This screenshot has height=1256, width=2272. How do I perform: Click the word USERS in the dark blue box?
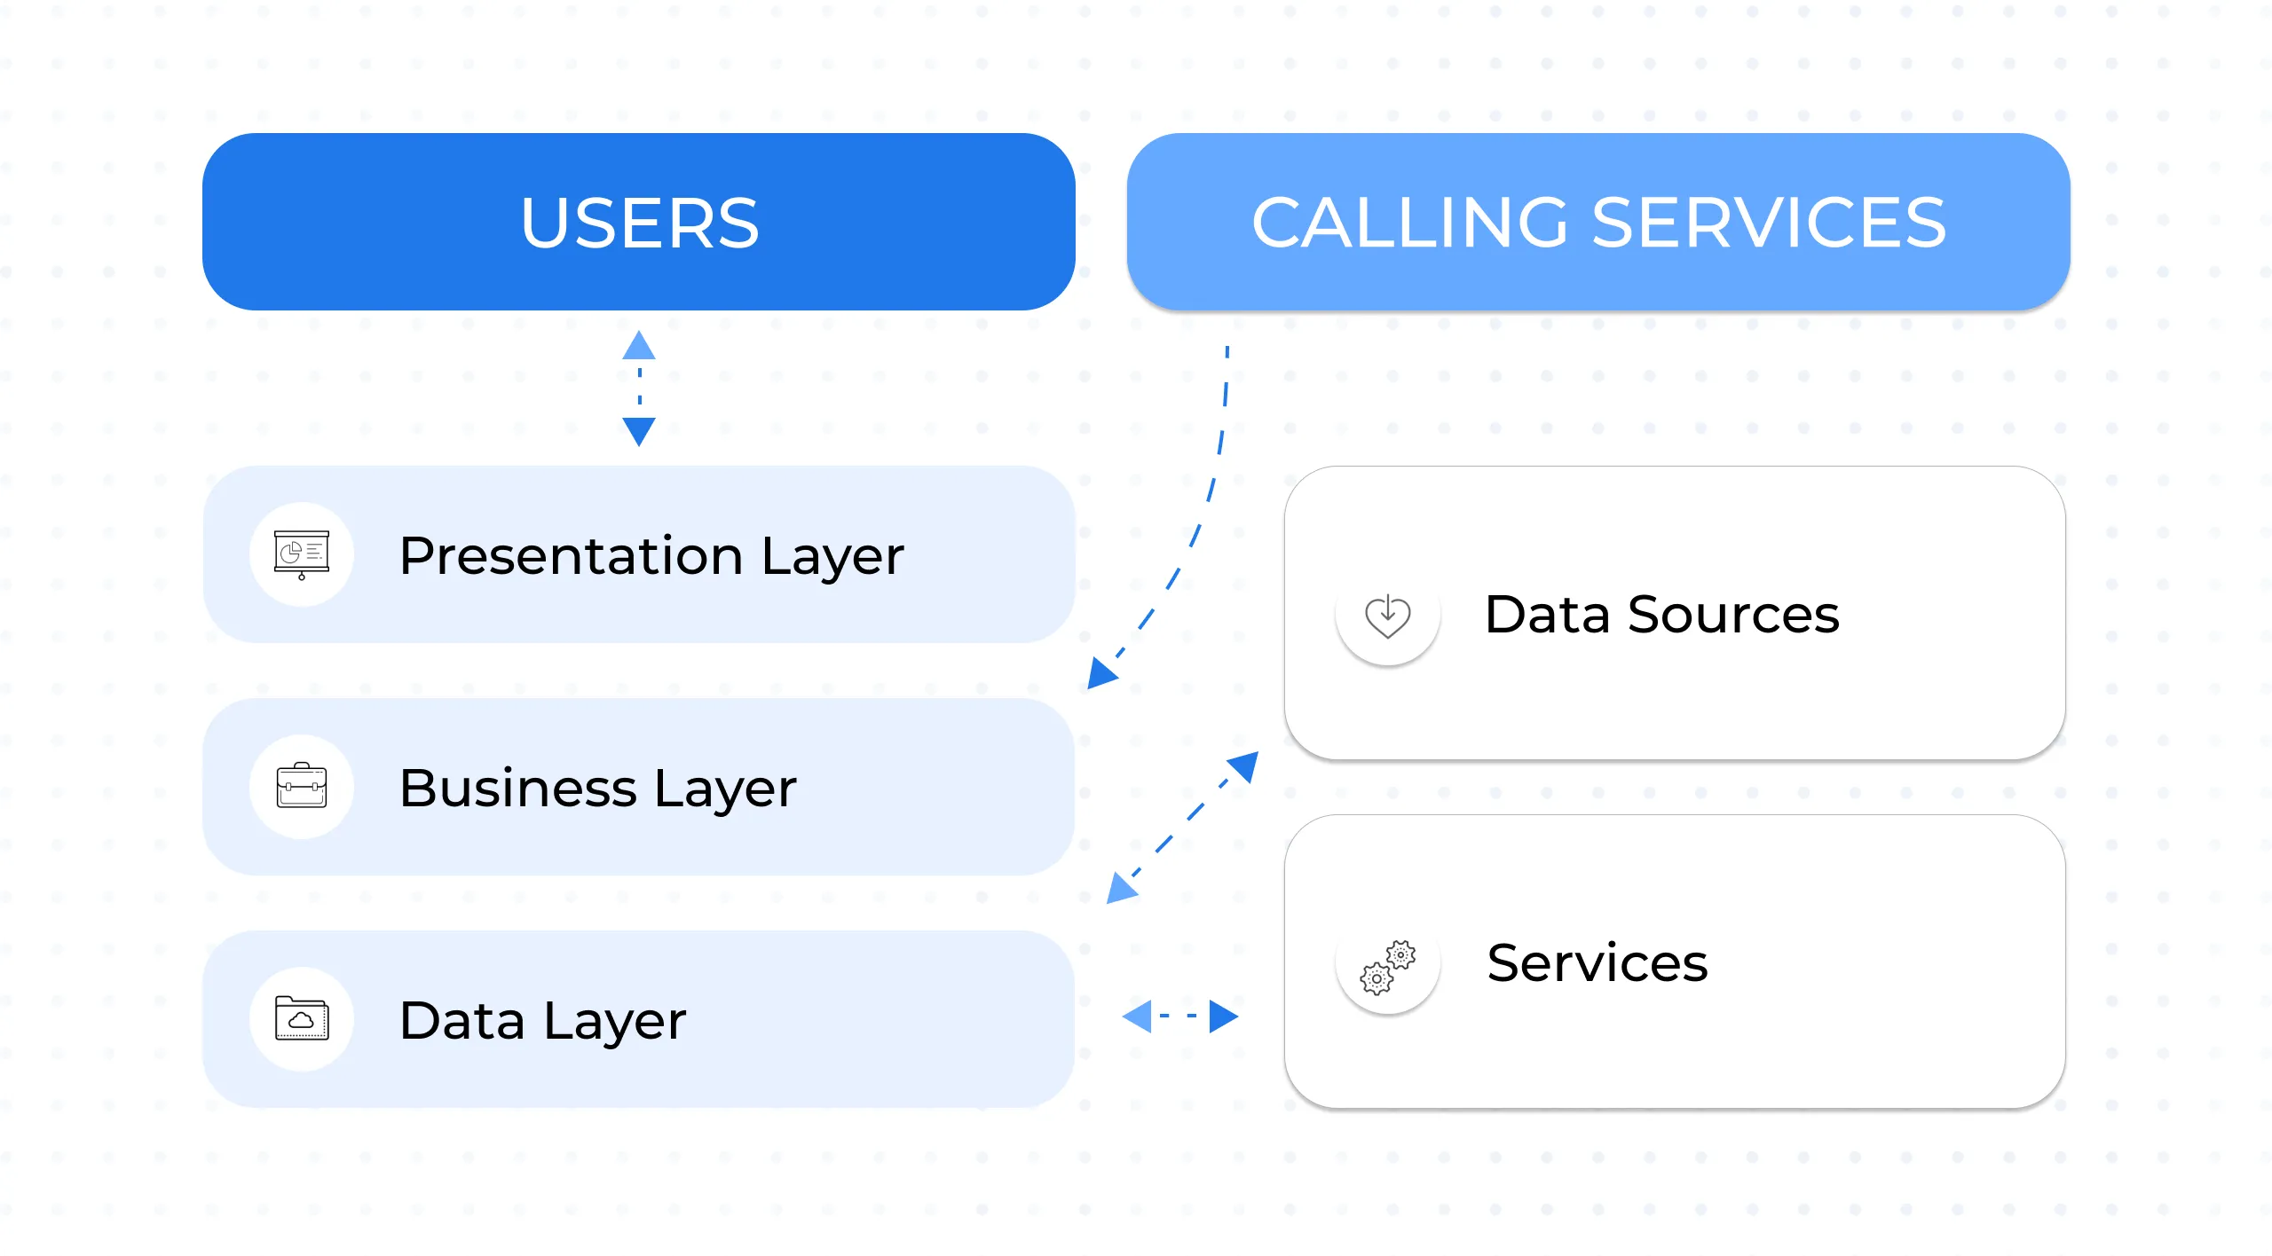click(x=639, y=223)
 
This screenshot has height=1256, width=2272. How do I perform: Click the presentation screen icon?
click(x=302, y=554)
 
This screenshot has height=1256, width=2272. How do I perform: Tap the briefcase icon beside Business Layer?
click(x=302, y=786)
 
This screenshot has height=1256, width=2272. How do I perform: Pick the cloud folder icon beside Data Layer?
click(x=302, y=1018)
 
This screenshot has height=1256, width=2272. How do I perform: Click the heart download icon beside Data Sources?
click(x=1387, y=615)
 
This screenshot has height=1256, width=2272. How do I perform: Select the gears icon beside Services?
click(x=1387, y=966)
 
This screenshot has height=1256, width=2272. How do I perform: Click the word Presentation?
click(x=571, y=556)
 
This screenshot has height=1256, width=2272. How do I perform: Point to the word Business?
click(x=517, y=788)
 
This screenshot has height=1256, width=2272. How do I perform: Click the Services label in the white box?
click(x=1597, y=962)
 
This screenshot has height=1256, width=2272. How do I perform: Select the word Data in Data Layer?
click(x=461, y=1020)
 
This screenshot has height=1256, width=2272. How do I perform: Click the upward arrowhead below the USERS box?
click(x=639, y=347)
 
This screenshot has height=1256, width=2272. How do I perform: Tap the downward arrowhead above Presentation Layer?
click(x=639, y=430)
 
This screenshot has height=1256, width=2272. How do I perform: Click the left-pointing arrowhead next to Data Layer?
click(x=1139, y=1016)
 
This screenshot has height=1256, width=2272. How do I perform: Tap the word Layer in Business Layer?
click(x=724, y=788)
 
